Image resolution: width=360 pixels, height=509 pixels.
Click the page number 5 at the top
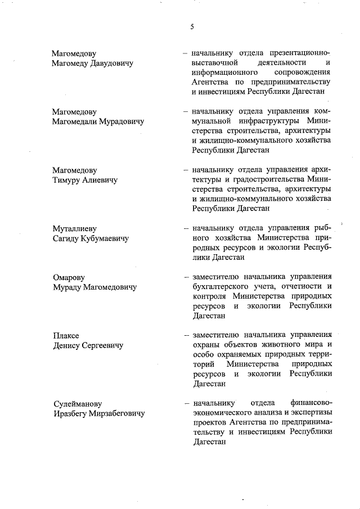coord(192,27)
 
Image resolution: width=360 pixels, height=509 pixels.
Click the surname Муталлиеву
coord(74,229)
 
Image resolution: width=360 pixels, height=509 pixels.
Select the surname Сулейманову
coord(78,404)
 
